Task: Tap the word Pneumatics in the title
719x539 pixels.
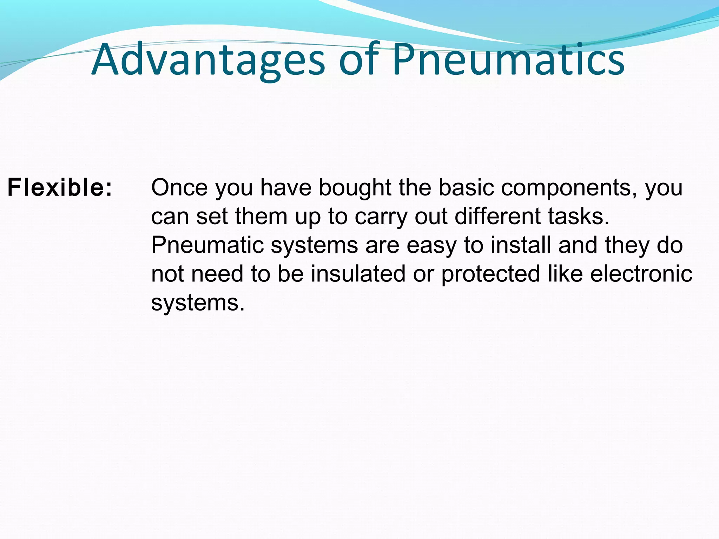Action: click(x=508, y=60)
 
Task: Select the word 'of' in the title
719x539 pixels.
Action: click(x=359, y=60)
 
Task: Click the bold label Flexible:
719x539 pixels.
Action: click(x=60, y=188)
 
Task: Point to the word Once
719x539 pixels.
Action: click(x=179, y=188)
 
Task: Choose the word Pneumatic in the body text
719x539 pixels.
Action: click(x=207, y=245)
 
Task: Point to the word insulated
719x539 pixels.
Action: click(x=358, y=274)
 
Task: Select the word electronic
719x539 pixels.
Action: click(x=641, y=274)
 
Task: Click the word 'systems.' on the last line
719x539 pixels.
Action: click(x=198, y=303)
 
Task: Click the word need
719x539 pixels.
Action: click(x=217, y=274)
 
